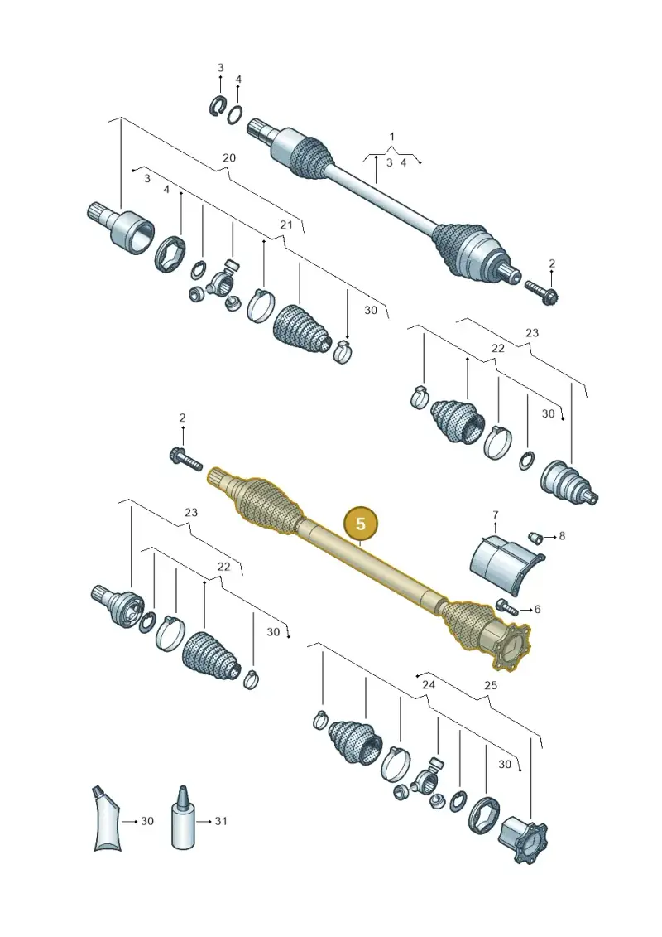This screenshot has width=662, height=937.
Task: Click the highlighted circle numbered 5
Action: coord(361,524)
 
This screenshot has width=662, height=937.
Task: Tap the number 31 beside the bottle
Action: coord(221,821)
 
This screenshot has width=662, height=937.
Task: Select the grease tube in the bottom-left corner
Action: coord(108,819)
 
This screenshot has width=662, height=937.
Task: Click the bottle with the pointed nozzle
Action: coord(183,818)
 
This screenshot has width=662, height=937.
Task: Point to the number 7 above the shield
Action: coord(495,514)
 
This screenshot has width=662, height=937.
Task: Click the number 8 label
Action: coord(562,536)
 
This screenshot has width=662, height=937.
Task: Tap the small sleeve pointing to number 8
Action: coord(536,537)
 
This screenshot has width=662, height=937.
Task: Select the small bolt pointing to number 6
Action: coord(506,606)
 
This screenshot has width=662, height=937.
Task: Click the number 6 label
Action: coord(537,609)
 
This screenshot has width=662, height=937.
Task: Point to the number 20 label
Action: coord(228,157)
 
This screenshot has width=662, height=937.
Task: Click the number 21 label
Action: coord(286,225)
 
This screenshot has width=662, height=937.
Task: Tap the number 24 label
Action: coord(429,684)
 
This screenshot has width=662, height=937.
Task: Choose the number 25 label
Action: coord(490,685)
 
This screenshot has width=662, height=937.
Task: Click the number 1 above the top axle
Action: coord(391,137)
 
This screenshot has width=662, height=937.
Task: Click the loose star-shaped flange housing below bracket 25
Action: coord(523,839)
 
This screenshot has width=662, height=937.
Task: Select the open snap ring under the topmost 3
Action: coord(218,106)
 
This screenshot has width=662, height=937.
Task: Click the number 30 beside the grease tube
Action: coord(146,821)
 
